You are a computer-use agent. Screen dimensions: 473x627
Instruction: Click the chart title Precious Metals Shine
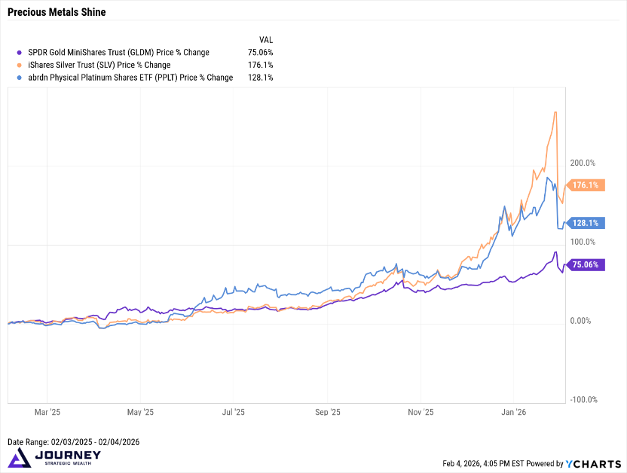(57, 12)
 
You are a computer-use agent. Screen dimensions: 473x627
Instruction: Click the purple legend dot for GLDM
(20, 53)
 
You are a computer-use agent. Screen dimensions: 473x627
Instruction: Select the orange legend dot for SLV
(20, 65)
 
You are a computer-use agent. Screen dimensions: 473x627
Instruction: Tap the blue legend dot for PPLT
(20, 77)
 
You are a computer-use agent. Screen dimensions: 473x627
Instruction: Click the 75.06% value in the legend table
(260, 53)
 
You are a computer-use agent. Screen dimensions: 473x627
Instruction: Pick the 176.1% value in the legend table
(262, 65)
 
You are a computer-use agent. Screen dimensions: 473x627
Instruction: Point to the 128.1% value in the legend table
(262, 77)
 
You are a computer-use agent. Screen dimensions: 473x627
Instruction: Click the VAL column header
(266, 39)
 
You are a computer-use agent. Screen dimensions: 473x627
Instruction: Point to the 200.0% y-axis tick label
(583, 163)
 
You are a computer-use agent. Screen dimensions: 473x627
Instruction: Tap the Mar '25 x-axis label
(47, 413)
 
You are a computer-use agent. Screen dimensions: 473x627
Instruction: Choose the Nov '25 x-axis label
(421, 413)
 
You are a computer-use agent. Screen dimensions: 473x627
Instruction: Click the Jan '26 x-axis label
(514, 413)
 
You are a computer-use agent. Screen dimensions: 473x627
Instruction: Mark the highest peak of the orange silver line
(555, 112)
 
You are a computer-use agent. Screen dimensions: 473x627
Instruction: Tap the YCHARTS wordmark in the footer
(594, 464)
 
